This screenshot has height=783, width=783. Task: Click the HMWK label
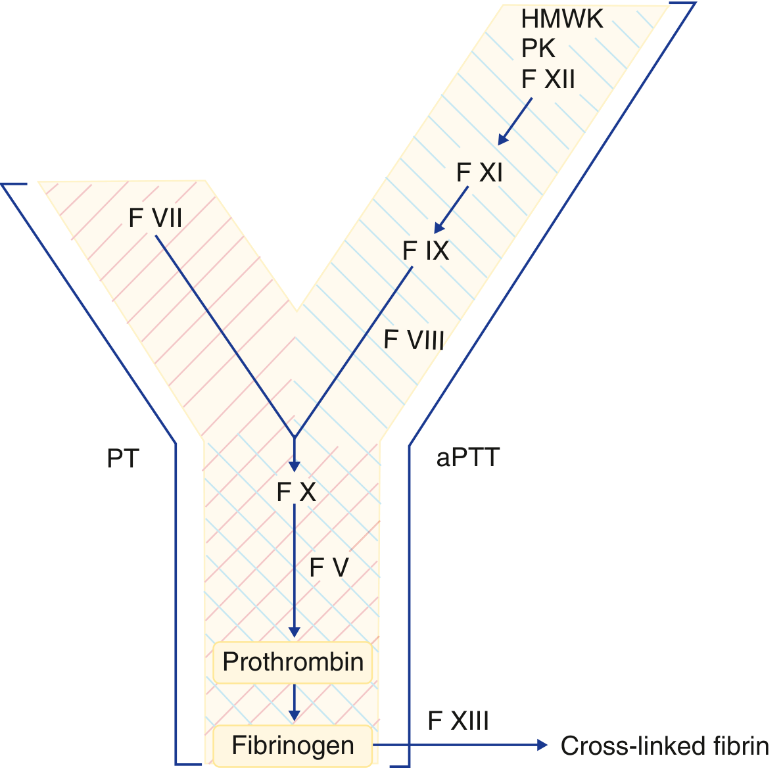[561, 19]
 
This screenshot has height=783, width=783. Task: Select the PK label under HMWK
[538, 49]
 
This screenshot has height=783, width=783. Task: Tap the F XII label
[548, 80]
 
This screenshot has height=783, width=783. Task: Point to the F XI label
[479, 173]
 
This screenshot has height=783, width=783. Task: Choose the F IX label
[425, 250]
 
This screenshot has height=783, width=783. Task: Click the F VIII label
[414, 340]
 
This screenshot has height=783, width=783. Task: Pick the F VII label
[155, 218]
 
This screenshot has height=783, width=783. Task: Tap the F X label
[296, 492]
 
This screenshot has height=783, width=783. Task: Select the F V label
[329, 568]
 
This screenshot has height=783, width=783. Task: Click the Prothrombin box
[293, 662]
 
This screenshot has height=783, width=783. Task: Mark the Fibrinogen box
[293, 746]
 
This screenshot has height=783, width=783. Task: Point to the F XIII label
[458, 721]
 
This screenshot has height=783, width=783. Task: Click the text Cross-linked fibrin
[665, 746]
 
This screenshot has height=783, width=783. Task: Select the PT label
[123, 459]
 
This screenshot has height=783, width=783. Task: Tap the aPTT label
[468, 458]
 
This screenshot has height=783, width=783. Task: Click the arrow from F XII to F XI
[515, 121]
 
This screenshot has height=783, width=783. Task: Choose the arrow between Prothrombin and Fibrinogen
[295, 703]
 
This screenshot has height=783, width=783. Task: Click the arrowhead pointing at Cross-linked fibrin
[542, 745]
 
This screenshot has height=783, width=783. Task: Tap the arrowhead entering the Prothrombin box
[295, 632]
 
